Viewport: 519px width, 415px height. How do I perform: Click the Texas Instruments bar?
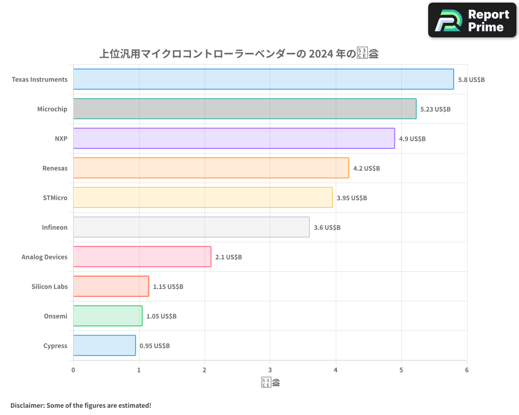point(263,79)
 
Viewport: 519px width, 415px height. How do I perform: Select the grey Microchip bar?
point(244,109)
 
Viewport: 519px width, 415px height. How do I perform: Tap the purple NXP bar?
point(234,139)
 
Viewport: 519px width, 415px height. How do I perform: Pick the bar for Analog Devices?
point(142,257)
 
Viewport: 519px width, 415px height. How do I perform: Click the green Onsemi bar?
point(107,316)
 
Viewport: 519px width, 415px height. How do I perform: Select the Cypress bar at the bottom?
point(104,345)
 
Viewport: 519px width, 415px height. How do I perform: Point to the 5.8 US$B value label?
point(471,79)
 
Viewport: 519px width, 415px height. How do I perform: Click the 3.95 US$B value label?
point(351,198)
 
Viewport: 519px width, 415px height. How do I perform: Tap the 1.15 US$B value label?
point(168,286)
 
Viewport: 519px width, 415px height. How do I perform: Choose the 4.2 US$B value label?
point(366,168)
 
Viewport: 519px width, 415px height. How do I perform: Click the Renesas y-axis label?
point(54,168)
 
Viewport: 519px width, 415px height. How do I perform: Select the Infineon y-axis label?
point(54,227)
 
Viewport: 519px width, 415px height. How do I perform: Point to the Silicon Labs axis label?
point(49,286)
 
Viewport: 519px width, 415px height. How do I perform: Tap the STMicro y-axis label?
point(55,198)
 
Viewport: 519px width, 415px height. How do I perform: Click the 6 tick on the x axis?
point(467,370)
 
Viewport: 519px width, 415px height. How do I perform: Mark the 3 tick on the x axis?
point(270,370)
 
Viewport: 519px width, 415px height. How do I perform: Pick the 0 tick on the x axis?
point(73,370)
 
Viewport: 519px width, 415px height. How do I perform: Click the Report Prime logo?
point(472,20)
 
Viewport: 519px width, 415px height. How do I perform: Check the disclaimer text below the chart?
point(80,405)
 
